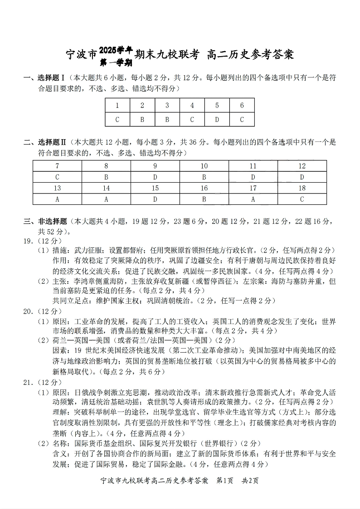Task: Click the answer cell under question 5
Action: coord(217,119)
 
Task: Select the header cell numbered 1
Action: coord(117,105)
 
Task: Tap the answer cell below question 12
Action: coord(302,177)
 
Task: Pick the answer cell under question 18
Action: coord(302,199)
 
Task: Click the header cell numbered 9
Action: coord(155,166)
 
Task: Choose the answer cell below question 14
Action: coord(106,199)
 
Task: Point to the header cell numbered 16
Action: coord(204,188)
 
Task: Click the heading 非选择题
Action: coord(52,222)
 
